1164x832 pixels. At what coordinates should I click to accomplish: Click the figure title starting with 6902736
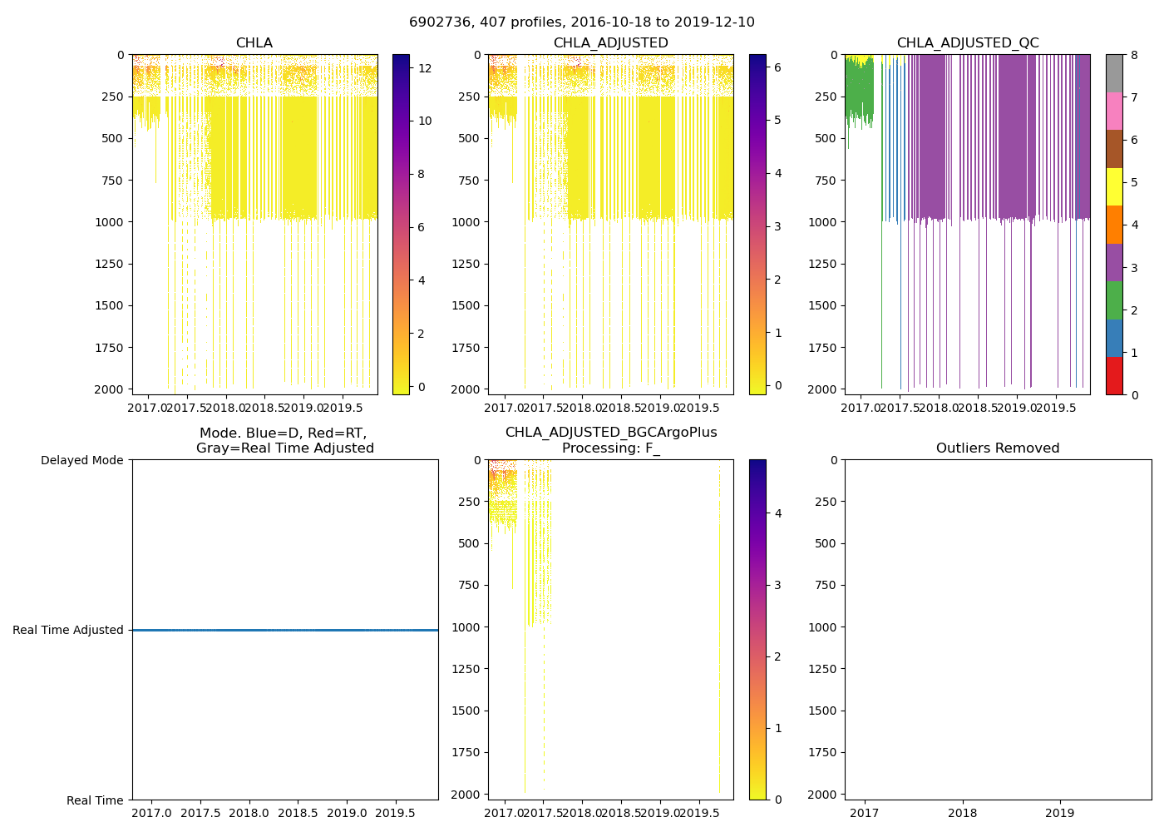[582, 22]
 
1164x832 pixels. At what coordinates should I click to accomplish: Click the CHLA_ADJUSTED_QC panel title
[968, 43]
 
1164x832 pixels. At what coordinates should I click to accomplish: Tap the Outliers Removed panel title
[998, 448]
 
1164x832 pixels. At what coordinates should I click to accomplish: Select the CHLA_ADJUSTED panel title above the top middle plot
[611, 43]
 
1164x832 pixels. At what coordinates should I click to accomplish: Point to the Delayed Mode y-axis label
[81, 460]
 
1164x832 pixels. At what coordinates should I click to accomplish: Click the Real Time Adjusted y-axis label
[68, 630]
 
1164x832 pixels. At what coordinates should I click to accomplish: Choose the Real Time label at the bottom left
[95, 800]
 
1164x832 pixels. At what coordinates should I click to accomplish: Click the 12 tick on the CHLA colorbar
[424, 68]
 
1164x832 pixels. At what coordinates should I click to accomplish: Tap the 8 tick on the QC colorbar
[1134, 55]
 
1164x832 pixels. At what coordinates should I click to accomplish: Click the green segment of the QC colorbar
[1114, 300]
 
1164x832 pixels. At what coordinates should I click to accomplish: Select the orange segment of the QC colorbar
[1114, 225]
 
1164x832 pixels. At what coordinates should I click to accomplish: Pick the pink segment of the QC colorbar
[1114, 111]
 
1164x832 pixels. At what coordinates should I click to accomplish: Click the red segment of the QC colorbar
[1114, 376]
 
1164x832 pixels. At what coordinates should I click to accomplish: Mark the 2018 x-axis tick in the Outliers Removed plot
[963, 813]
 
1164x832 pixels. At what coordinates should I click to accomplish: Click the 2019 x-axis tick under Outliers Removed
[1060, 813]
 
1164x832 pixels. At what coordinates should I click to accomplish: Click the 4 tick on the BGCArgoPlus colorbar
[778, 513]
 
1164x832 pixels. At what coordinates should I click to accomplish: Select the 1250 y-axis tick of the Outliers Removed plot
[825, 669]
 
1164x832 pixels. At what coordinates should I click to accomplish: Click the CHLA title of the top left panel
[254, 43]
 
